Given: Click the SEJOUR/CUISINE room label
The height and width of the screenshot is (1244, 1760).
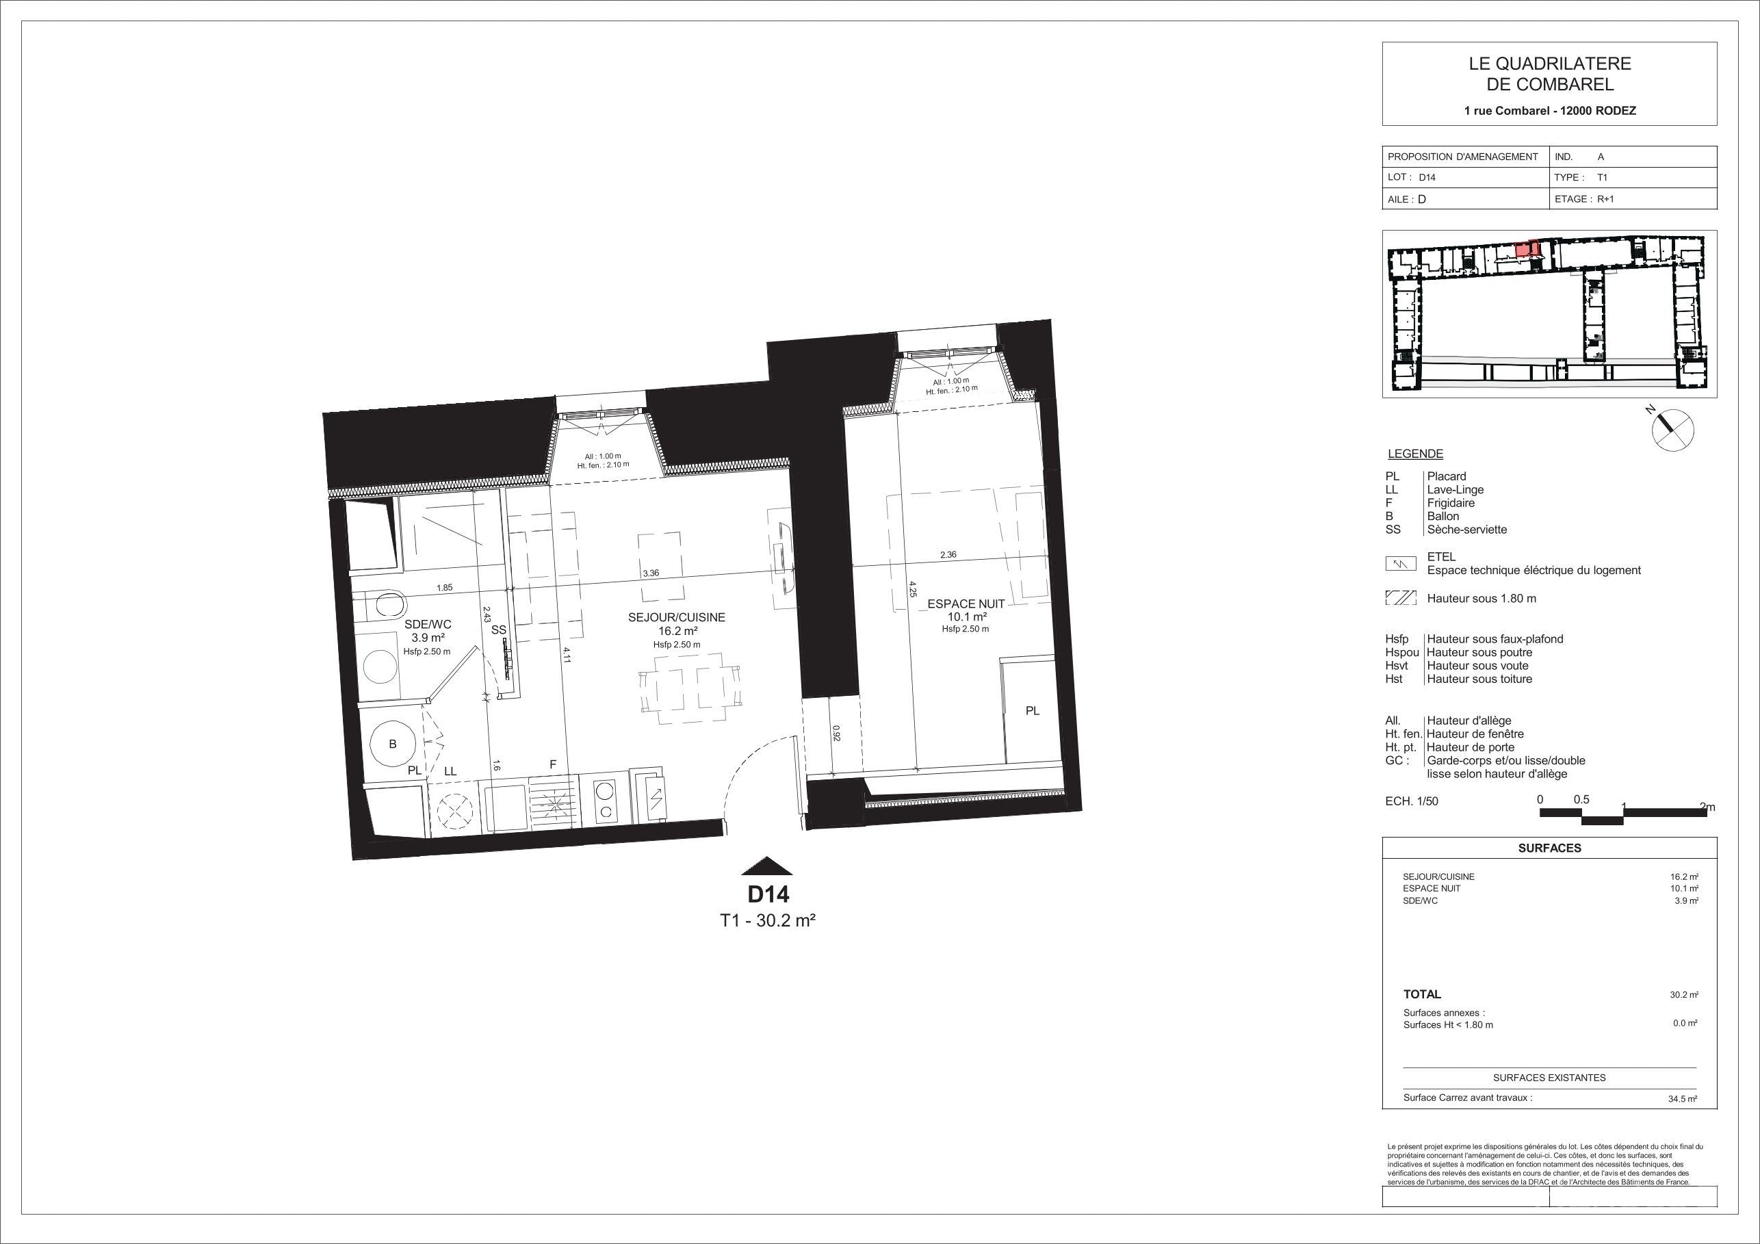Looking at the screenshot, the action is [x=676, y=617].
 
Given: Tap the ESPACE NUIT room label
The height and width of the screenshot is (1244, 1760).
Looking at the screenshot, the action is [x=966, y=604].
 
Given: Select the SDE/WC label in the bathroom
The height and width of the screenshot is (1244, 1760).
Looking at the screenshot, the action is [x=428, y=625].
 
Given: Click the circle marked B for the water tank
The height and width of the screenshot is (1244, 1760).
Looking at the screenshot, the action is [x=393, y=744].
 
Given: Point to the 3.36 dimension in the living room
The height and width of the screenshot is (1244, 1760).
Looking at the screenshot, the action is [x=651, y=573].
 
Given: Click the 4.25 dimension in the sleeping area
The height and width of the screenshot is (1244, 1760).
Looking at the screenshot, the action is [x=912, y=588].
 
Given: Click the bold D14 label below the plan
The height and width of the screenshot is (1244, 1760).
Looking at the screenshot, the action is [x=768, y=894].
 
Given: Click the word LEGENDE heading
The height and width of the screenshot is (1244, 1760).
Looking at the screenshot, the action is [x=1415, y=454].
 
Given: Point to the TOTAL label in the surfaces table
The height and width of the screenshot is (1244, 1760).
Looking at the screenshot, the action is [x=1422, y=994].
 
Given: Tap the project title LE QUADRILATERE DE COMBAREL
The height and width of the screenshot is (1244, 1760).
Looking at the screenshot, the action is [x=1549, y=75].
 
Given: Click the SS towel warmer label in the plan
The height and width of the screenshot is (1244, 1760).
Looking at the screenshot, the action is [x=499, y=630].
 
